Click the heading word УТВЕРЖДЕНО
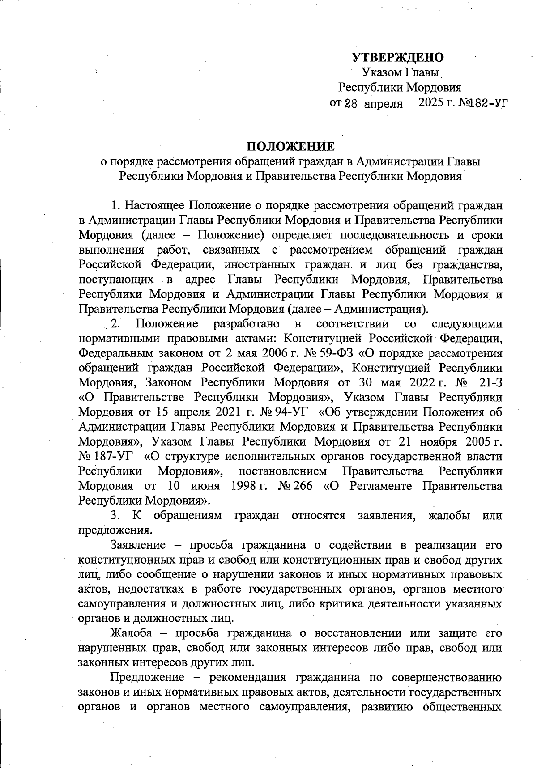click(398, 57)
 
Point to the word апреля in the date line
click(383, 104)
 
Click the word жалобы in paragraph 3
click(449, 515)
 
